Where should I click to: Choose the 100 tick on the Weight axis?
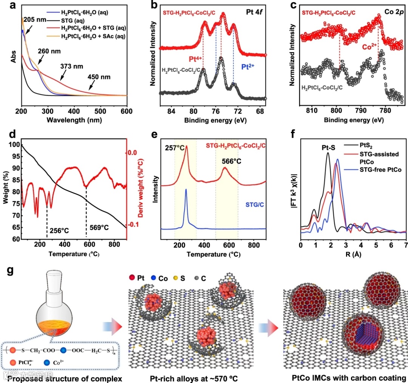point(12,145)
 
